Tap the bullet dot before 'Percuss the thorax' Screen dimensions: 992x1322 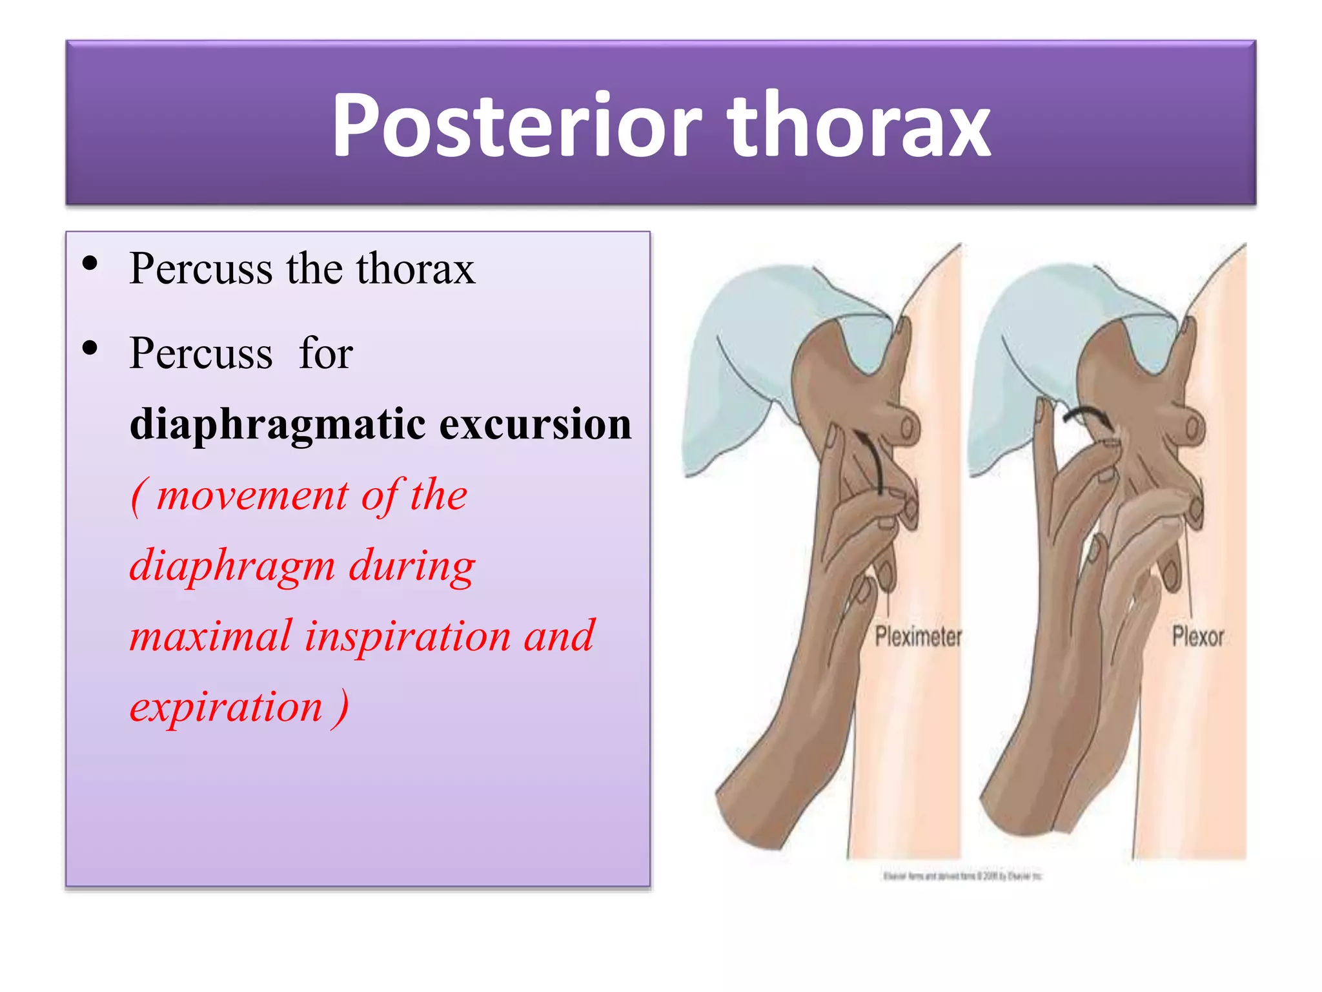(90, 263)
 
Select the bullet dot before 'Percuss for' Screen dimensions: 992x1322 (90, 348)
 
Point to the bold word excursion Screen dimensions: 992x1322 (535, 425)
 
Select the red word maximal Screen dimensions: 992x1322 (210, 636)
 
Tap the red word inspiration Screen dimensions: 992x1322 (407, 636)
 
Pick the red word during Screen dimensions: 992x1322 (412, 566)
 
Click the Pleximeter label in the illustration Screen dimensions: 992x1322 (918, 637)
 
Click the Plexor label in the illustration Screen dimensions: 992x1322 (1197, 637)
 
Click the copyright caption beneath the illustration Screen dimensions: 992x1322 (962, 876)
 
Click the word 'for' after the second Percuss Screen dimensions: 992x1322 (325, 354)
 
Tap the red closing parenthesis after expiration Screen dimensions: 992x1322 (341, 708)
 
